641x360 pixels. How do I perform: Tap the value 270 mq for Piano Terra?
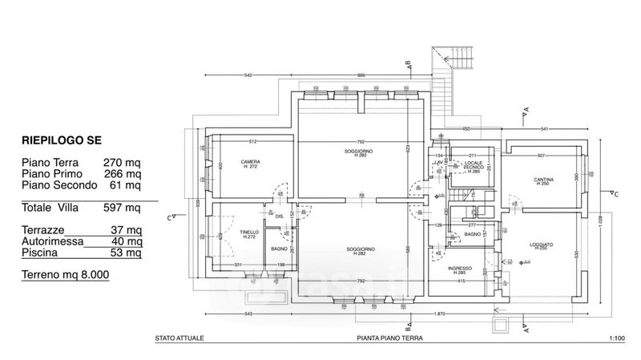click(x=123, y=162)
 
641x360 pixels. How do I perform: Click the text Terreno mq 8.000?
click(x=65, y=275)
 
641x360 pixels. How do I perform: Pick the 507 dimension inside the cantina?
click(x=541, y=155)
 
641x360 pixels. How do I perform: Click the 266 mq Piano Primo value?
click(x=123, y=173)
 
